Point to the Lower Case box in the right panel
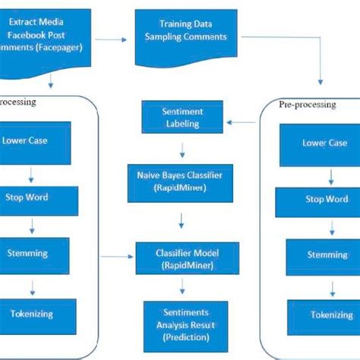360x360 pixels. pos(324,144)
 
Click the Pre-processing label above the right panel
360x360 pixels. pos(308,105)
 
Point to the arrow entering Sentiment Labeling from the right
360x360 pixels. pos(244,121)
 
